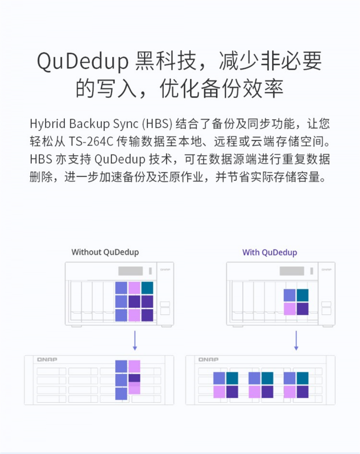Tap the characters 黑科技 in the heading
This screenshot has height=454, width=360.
(x=166, y=61)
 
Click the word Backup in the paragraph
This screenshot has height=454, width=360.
(x=89, y=124)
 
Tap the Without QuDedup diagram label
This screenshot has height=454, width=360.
(x=105, y=252)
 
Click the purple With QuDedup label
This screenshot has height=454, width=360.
(x=270, y=252)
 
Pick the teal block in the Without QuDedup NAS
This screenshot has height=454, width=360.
(x=147, y=287)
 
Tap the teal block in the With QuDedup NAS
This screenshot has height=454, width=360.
(x=302, y=295)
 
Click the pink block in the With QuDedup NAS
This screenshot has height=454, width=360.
(x=289, y=308)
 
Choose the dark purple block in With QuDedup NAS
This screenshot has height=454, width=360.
(x=302, y=308)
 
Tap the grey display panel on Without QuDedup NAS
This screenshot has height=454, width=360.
(x=131, y=271)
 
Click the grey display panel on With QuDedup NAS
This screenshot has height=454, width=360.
(x=292, y=271)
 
